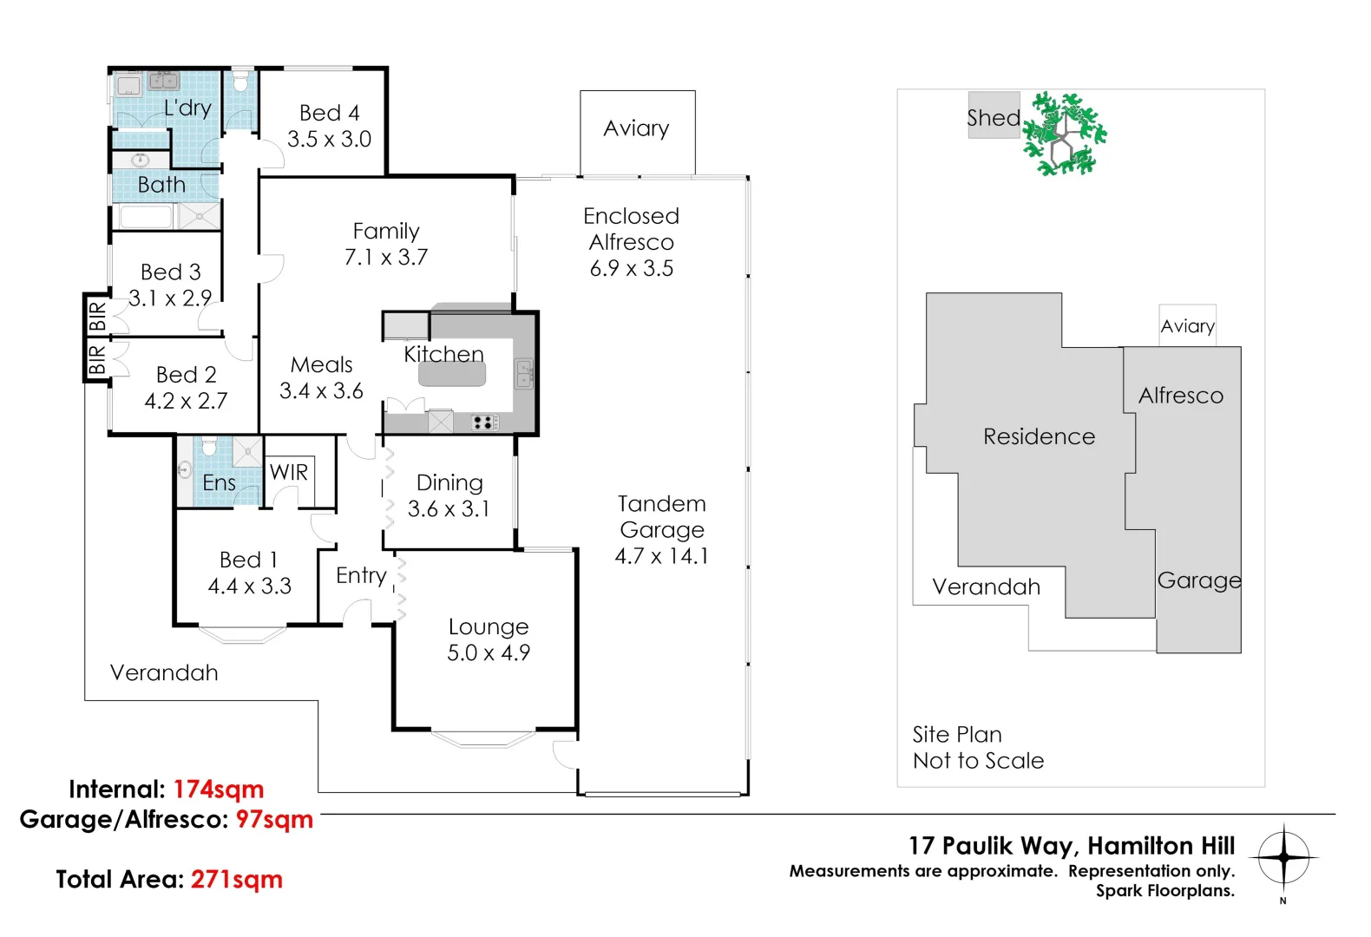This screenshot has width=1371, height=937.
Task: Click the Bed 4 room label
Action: tap(329, 113)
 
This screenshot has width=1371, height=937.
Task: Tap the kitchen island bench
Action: tap(452, 373)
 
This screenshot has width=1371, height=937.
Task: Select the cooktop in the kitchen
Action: tap(484, 422)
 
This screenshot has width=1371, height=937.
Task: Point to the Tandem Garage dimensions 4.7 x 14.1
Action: tap(661, 556)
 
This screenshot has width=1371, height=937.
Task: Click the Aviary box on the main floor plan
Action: tap(638, 133)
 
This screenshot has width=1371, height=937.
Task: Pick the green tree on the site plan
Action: tap(1065, 134)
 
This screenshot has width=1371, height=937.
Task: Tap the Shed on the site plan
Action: tap(994, 115)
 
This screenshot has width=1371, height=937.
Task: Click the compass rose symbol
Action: tap(1283, 857)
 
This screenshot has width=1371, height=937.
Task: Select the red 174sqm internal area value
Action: tap(219, 790)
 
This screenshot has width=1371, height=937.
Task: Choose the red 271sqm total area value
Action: tap(237, 880)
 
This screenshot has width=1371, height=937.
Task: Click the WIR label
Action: tap(289, 472)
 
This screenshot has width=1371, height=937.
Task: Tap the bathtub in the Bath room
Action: tap(147, 217)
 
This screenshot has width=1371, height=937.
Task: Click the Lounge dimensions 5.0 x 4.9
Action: tap(489, 652)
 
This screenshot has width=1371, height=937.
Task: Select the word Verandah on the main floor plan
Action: tap(164, 672)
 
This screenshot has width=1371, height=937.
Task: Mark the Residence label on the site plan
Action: tap(1040, 436)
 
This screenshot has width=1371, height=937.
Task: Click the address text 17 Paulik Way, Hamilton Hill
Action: tap(1072, 846)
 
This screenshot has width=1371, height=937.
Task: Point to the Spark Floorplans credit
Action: tap(1165, 890)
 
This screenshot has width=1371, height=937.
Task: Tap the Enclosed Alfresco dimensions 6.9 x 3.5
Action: tap(632, 268)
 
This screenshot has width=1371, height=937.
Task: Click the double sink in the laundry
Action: tap(163, 80)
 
